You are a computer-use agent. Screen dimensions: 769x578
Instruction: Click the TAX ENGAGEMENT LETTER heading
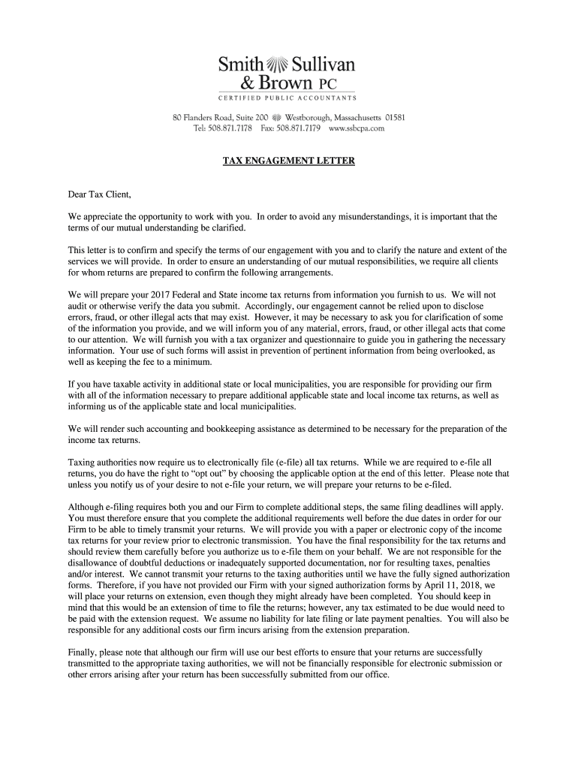click(288, 161)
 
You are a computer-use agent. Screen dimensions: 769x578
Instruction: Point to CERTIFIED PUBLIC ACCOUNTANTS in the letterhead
click(287, 98)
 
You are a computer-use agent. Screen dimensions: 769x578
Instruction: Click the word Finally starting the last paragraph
click(83, 652)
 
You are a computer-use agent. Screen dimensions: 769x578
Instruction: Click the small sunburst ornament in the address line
click(276, 118)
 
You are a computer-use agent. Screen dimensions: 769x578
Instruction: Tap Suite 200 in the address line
click(251, 118)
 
